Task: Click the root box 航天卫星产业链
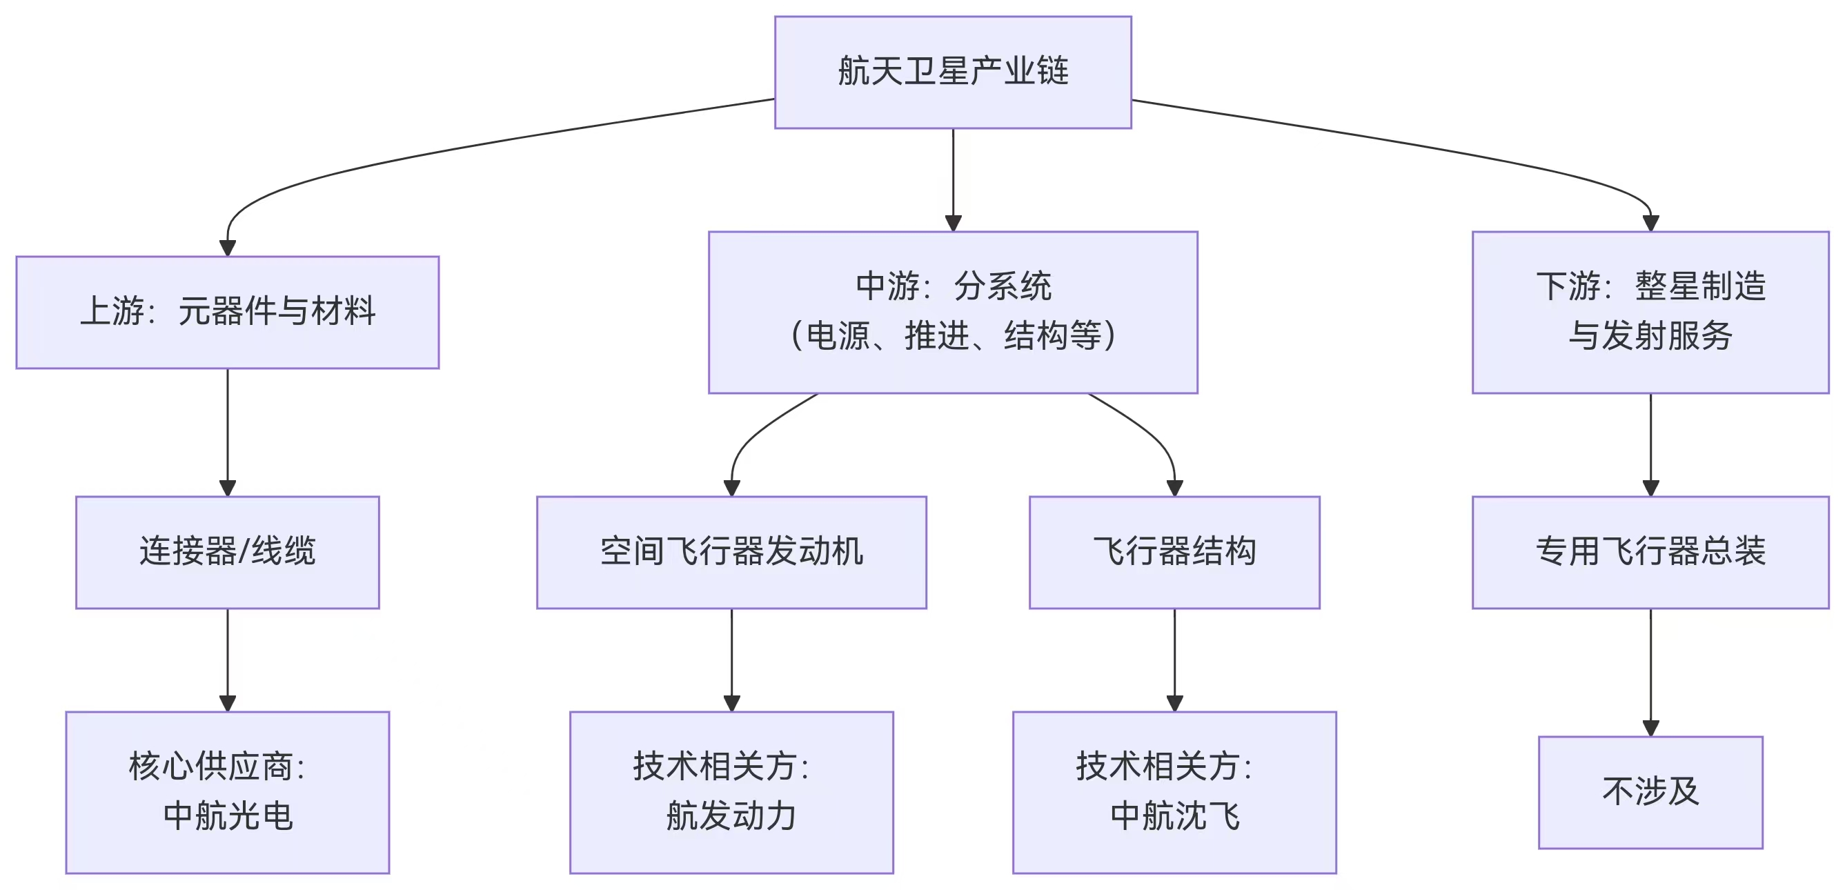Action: click(953, 72)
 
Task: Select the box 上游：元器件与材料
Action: click(227, 312)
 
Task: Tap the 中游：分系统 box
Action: click(953, 312)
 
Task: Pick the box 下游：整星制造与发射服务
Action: click(1650, 312)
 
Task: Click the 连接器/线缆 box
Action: click(227, 552)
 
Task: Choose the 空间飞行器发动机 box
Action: click(731, 552)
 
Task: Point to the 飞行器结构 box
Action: click(1174, 552)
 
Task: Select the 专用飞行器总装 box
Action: click(1650, 552)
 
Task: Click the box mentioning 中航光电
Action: click(227, 792)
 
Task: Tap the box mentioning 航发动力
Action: click(731, 792)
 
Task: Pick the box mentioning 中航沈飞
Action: click(1174, 792)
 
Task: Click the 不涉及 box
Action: click(1650, 792)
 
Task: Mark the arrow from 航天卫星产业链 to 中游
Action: click(953, 179)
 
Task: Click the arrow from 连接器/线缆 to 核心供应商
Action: click(227, 659)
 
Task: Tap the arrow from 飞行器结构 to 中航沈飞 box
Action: click(1174, 659)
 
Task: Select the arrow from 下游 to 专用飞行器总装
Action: click(1650, 444)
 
